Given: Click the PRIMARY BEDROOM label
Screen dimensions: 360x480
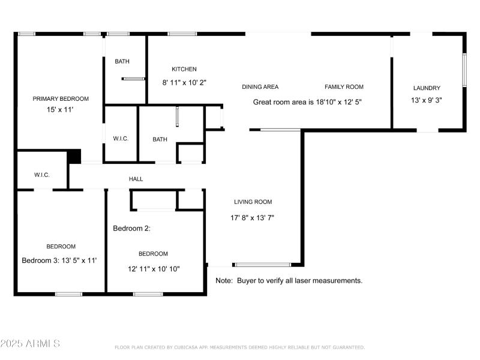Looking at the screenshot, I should [61, 99].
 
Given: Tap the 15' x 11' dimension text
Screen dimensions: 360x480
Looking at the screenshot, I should [61, 110].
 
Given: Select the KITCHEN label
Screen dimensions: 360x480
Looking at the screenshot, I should [184, 69].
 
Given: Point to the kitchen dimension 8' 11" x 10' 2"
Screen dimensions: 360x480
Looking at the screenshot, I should [184, 83].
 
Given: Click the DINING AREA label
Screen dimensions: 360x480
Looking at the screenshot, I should [260, 87].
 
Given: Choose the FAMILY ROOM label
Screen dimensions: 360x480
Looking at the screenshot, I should [344, 87].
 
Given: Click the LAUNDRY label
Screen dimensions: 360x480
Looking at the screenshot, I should [427, 88].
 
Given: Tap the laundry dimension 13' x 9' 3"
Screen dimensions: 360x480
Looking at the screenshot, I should [427, 101].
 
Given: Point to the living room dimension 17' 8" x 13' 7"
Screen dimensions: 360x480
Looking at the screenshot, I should [252, 218].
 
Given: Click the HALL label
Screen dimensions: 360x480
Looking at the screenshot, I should [136, 179].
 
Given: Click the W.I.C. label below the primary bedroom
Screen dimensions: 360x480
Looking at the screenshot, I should [41, 175].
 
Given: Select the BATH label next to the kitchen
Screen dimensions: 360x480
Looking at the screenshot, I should [122, 61].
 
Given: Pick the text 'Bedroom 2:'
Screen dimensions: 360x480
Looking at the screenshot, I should [131, 229].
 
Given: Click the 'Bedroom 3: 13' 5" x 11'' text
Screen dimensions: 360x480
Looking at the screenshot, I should [59, 260].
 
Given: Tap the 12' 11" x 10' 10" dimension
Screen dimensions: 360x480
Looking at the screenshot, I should [153, 269].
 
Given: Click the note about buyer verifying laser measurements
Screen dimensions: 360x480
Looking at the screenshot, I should [289, 280].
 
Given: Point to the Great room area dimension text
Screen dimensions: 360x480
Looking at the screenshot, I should [307, 102].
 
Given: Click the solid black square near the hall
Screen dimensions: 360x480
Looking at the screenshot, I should [74, 156].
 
